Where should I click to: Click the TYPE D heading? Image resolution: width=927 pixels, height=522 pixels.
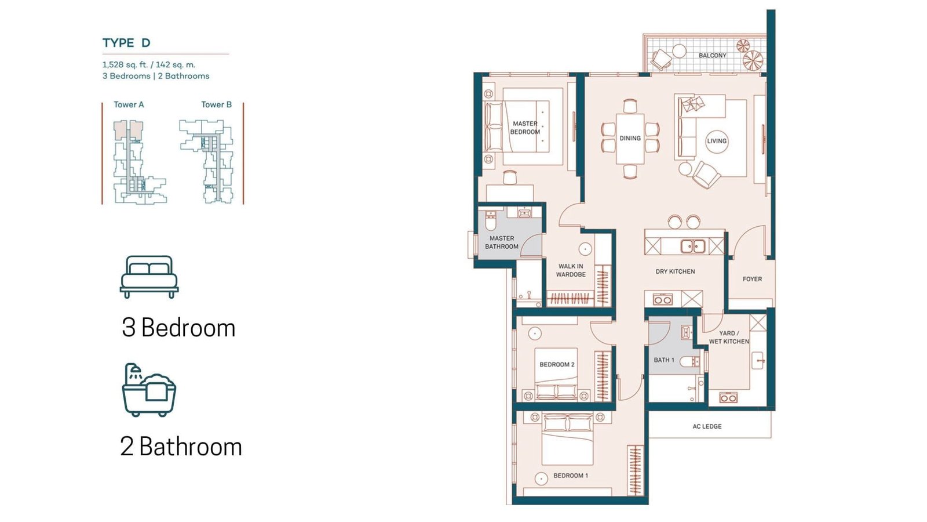[x=126, y=43]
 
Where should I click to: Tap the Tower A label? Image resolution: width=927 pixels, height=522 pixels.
[x=129, y=104]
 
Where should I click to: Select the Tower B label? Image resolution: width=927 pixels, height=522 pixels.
[x=217, y=104]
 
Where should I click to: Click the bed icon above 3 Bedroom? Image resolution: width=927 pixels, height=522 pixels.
[x=149, y=277]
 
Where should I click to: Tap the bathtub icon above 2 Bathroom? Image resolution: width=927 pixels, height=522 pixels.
[x=149, y=390]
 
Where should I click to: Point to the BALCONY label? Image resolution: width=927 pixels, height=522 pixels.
[x=712, y=56]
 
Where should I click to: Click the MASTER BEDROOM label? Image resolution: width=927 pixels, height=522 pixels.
[x=525, y=128]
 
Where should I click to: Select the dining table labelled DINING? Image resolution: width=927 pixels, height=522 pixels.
[x=630, y=139]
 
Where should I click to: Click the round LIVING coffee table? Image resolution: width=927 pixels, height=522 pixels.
[x=716, y=141]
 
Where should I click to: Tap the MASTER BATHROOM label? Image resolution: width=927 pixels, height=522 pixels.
[x=502, y=242]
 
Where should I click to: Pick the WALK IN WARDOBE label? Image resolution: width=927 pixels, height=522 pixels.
[x=571, y=270]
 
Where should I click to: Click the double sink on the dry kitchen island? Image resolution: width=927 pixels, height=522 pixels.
[x=693, y=246]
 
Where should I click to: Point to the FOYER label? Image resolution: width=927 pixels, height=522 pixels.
[x=752, y=279]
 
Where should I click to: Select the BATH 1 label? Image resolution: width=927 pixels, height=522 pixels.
[x=664, y=360]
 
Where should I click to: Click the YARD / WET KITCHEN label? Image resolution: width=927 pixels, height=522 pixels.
[x=729, y=337]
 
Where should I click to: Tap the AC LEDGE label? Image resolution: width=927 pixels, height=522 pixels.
[x=707, y=426]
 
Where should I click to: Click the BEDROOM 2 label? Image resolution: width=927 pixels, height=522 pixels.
[x=557, y=365]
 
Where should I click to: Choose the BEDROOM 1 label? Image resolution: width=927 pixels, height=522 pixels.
[x=571, y=476]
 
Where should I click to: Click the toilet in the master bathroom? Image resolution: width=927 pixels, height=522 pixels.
[x=490, y=221]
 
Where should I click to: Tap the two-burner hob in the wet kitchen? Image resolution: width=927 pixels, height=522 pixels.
[x=728, y=398]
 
